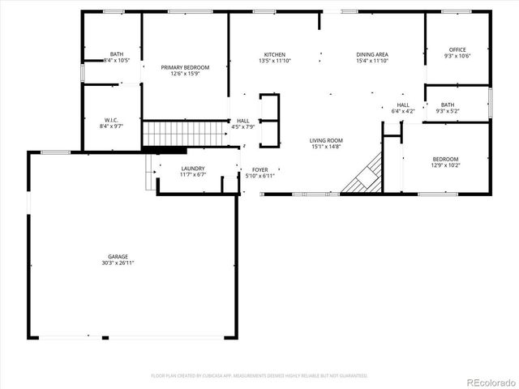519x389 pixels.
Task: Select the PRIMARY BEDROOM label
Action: [185, 67]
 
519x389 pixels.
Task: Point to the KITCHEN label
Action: [273, 54]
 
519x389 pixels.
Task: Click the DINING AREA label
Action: [372, 54]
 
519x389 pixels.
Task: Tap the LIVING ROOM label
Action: [326, 140]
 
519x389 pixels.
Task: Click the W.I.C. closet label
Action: [112, 120]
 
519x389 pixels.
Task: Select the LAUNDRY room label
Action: [194, 169]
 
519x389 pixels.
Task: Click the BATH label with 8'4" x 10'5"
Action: [117, 54]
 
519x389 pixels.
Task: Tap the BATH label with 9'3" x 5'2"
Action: [448, 105]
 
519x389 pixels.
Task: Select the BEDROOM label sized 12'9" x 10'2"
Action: [445, 159]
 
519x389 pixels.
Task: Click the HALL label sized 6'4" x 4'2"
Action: [403, 105]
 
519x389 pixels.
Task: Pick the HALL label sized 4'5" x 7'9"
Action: [243, 120]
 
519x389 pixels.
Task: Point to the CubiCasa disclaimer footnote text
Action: [259, 375]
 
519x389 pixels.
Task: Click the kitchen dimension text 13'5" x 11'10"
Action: [273, 61]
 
